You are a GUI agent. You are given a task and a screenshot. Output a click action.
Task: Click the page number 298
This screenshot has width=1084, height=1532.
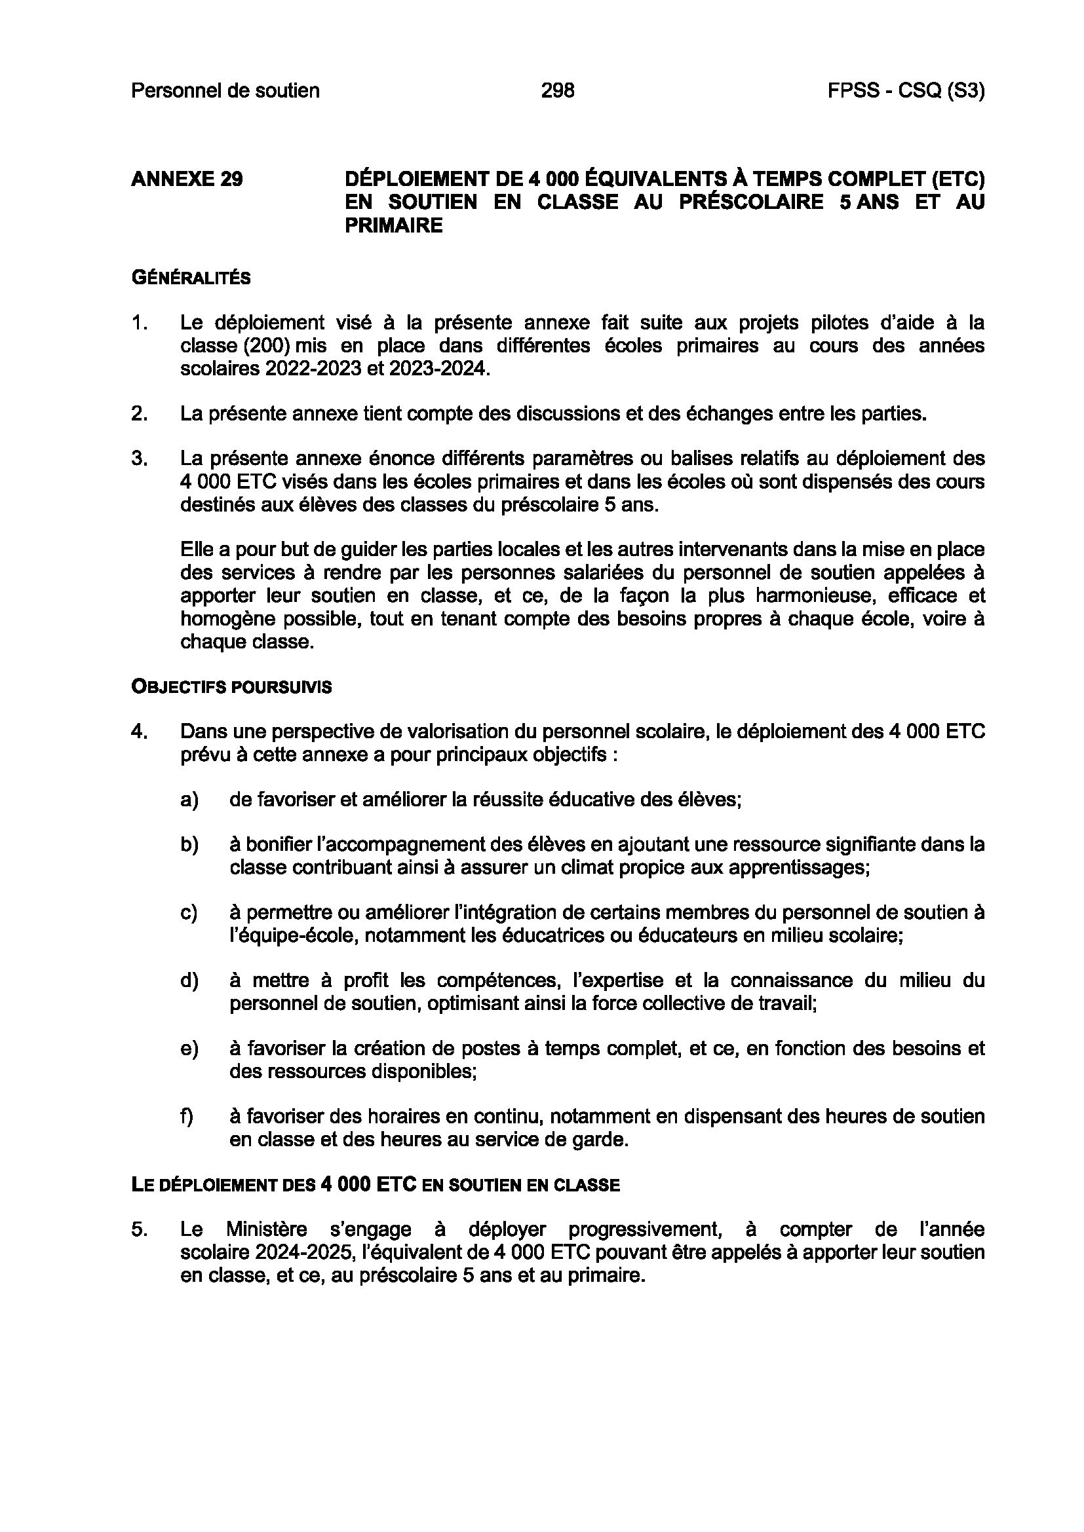(557, 90)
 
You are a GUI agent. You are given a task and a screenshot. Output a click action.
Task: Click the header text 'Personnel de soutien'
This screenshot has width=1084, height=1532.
(225, 90)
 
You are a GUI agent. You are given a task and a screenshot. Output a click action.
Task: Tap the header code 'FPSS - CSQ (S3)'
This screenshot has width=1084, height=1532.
(906, 90)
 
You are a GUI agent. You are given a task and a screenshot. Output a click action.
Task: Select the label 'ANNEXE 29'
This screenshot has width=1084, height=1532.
(187, 179)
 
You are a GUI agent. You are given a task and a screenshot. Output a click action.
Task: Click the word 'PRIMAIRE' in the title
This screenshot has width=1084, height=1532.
(393, 225)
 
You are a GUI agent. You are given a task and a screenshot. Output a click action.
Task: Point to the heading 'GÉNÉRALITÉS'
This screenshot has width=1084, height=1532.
(191, 278)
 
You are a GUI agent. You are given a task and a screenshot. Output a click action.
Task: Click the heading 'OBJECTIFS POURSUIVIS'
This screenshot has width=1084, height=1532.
(231, 687)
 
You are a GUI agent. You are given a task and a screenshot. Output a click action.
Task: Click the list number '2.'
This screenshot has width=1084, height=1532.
(139, 414)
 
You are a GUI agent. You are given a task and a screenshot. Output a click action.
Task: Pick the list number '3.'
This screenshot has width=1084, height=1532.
(139, 458)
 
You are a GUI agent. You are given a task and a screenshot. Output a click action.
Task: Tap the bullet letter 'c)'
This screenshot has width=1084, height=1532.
(189, 912)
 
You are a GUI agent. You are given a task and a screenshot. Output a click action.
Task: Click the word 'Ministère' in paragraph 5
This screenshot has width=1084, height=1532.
(266, 1229)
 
